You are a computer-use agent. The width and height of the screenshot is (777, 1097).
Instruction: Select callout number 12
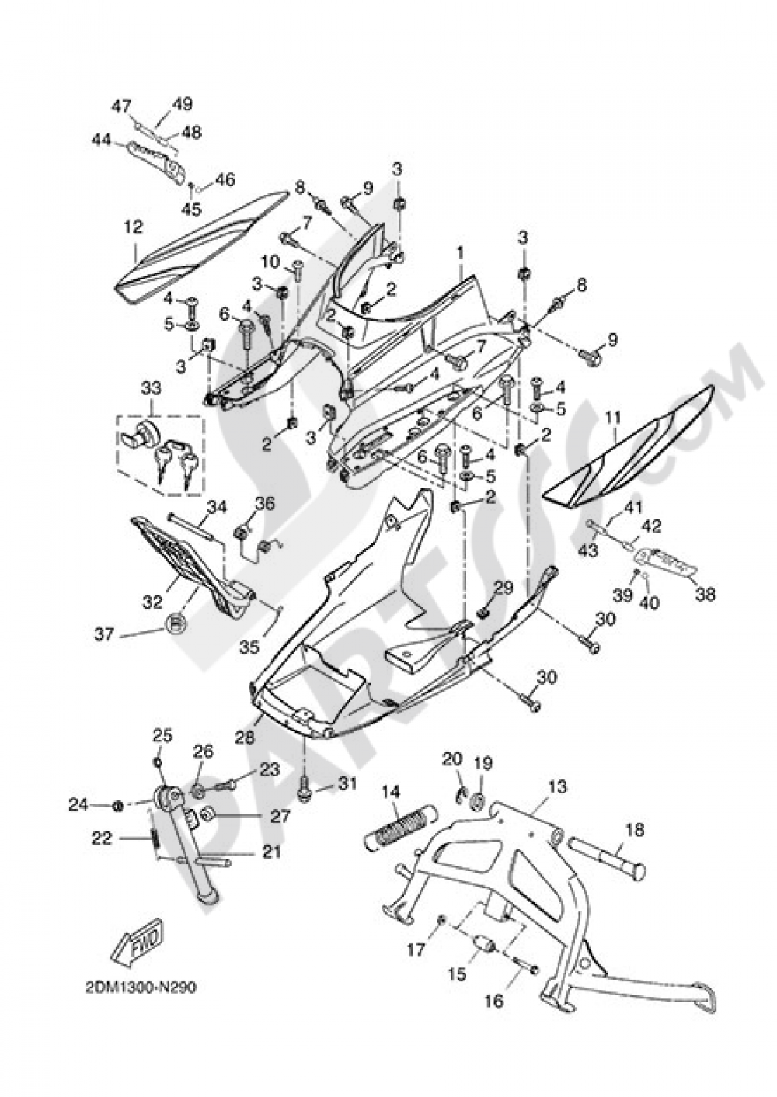pos(133,227)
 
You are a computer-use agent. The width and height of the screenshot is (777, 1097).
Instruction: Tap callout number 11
pos(614,419)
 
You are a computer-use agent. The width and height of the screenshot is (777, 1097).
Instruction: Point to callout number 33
pos(150,387)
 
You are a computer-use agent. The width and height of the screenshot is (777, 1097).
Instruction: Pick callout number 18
pos(635,830)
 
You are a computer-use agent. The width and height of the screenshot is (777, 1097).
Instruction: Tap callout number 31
pos(347,785)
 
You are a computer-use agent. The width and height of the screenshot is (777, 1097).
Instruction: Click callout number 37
pos(104,635)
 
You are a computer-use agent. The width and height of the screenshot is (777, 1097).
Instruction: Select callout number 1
pos(460,253)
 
